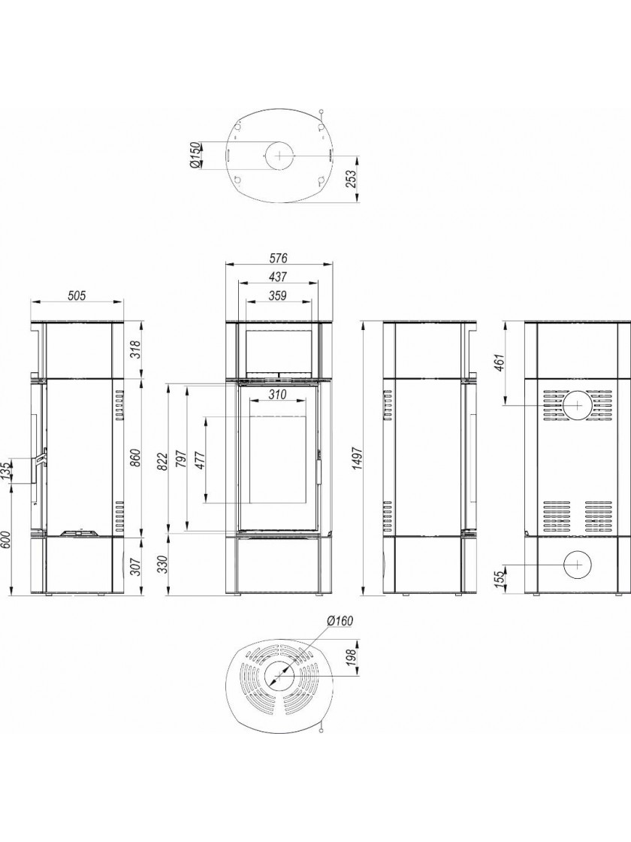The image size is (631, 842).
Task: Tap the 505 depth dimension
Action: [x=77, y=295]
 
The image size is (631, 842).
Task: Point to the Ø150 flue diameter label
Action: [x=195, y=155]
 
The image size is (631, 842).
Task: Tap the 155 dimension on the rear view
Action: [x=500, y=579]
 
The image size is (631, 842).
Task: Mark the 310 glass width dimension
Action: [x=277, y=395]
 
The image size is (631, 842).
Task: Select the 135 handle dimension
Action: [x=7, y=471]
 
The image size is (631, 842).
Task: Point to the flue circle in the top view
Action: [x=279, y=155]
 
